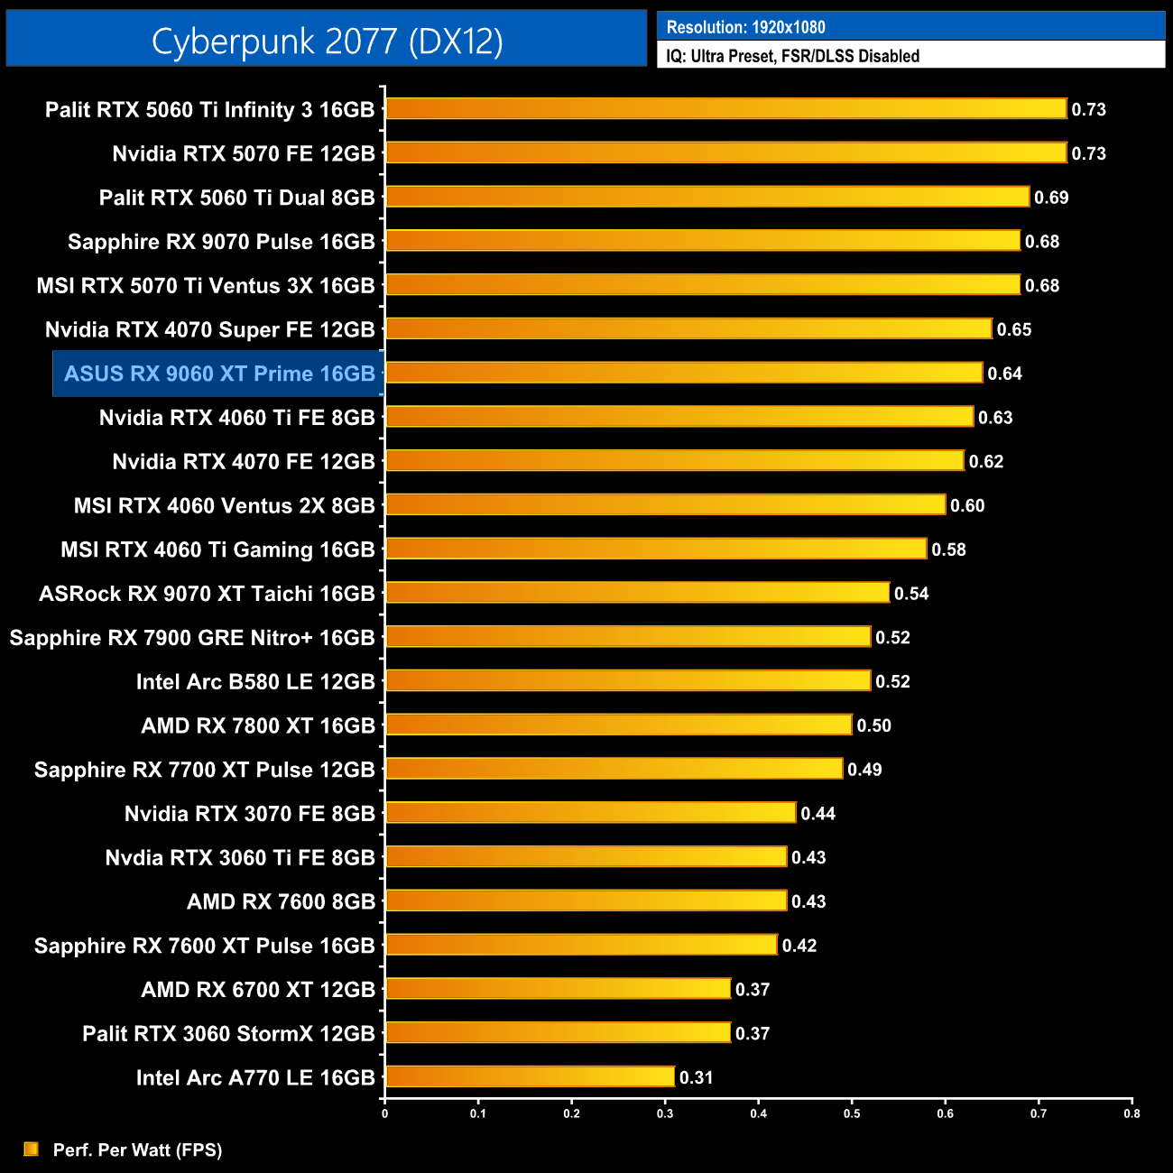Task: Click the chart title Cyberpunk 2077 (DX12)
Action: tap(327, 41)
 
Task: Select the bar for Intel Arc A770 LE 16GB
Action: tap(530, 1076)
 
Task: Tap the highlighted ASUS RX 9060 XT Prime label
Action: tap(219, 374)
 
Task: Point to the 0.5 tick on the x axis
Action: tap(852, 1113)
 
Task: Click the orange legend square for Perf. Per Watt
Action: tap(32, 1149)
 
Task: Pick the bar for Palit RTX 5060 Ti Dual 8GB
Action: tap(707, 197)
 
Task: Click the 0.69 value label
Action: tap(1051, 198)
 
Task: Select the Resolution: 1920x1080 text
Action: tap(745, 27)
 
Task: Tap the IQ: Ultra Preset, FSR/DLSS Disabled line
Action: tap(792, 56)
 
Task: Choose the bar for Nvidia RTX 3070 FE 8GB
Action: tap(590, 813)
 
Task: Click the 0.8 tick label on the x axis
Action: tap(1131, 1113)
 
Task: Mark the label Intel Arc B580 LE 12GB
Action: tap(255, 681)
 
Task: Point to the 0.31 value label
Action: tap(696, 1077)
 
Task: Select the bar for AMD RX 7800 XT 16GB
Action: tap(618, 725)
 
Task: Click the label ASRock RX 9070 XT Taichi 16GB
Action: tap(207, 594)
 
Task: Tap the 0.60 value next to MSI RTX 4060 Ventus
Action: tap(967, 505)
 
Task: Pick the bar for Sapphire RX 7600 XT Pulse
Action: tap(581, 945)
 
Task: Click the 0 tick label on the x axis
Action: tap(385, 1113)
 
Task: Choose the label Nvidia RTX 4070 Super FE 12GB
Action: tap(209, 329)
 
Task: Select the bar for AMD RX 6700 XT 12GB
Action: tap(558, 989)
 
